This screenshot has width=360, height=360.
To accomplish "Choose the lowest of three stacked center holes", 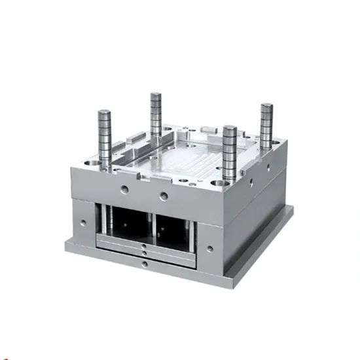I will point(143,262).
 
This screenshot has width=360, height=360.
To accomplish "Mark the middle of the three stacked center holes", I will point(143,251).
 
